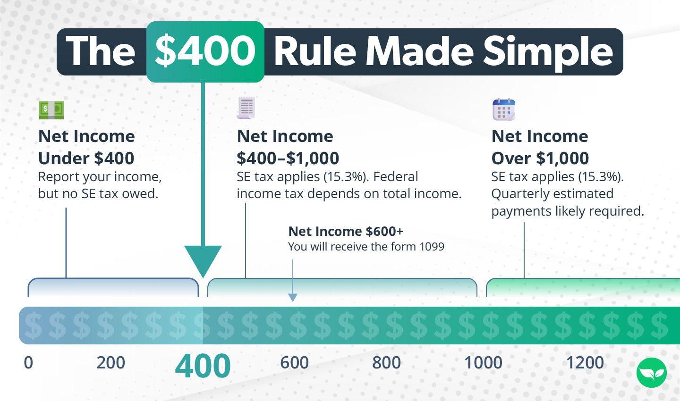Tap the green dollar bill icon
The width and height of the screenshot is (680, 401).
pyautogui.click(x=51, y=110)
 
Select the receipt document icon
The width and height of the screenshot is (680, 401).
pyautogui.click(x=246, y=108)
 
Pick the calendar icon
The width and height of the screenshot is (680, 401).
pyautogui.click(x=503, y=110)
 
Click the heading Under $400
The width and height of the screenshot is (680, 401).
pyautogui.click(x=86, y=158)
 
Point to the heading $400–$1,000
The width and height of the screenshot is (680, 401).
pyautogui.click(x=288, y=158)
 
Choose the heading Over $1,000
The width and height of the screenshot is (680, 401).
pyautogui.click(x=540, y=158)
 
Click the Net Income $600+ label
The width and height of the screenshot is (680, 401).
pyautogui.click(x=346, y=231)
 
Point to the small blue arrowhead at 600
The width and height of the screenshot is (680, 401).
pyautogui.click(x=293, y=297)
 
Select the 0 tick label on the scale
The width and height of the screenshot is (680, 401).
pyautogui.click(x=28, y=363)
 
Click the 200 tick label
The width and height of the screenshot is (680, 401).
pyautogui.click(x=110, y=363)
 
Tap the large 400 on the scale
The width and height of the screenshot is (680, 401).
pyautogui.click(x=203, y=366)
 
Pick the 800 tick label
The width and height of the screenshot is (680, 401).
pyautogui.click(x=386, y=363)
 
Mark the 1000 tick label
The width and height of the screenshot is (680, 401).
pyautogui.click(x=483, y=363)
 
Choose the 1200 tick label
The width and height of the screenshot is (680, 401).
pyautogui.click(x=585, y=363)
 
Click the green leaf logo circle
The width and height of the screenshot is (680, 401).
pyautogui.click(x=651, y=373)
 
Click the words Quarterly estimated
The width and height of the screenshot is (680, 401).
pyautogui.click(x=552, y=194)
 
